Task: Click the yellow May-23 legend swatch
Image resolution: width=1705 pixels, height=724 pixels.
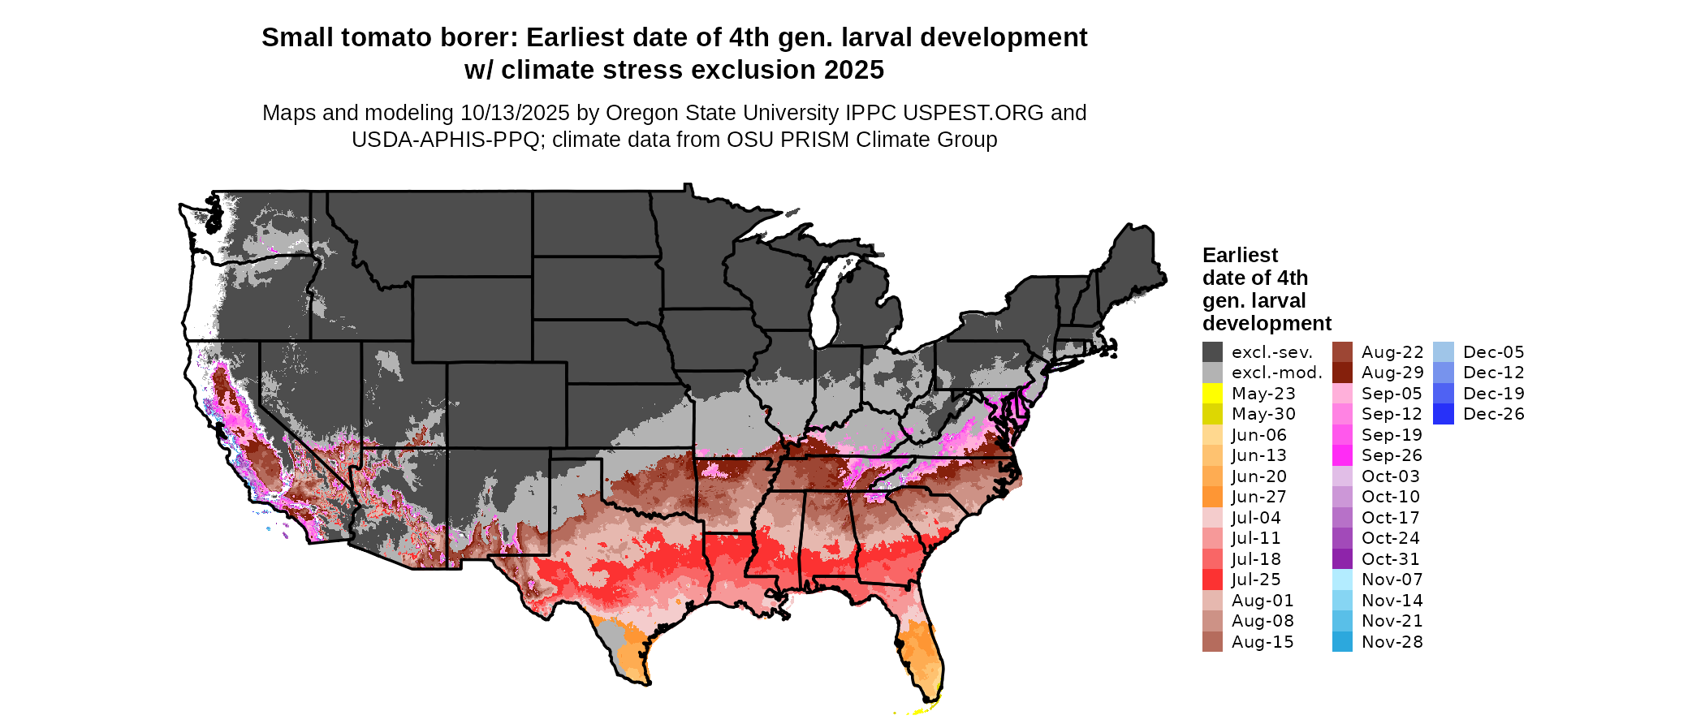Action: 1212,394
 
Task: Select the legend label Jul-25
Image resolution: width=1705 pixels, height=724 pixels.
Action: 1256,580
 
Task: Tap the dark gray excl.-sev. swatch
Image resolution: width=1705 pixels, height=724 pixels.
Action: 1212,352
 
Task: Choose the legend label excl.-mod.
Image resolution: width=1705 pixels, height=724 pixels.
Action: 1276,373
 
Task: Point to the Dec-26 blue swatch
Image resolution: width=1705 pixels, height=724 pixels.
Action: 1444,414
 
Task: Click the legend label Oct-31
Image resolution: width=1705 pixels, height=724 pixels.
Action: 1390,559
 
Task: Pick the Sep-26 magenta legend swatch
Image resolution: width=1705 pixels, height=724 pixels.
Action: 1342,455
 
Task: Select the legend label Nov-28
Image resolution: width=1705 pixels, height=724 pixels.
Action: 1392,642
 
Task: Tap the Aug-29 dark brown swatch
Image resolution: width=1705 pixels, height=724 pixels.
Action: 1342,373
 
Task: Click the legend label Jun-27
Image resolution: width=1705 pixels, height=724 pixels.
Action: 1258,497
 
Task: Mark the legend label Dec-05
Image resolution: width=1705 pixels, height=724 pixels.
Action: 1493,352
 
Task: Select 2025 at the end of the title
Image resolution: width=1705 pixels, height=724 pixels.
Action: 853,70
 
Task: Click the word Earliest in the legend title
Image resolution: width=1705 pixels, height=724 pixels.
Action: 1240,255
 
